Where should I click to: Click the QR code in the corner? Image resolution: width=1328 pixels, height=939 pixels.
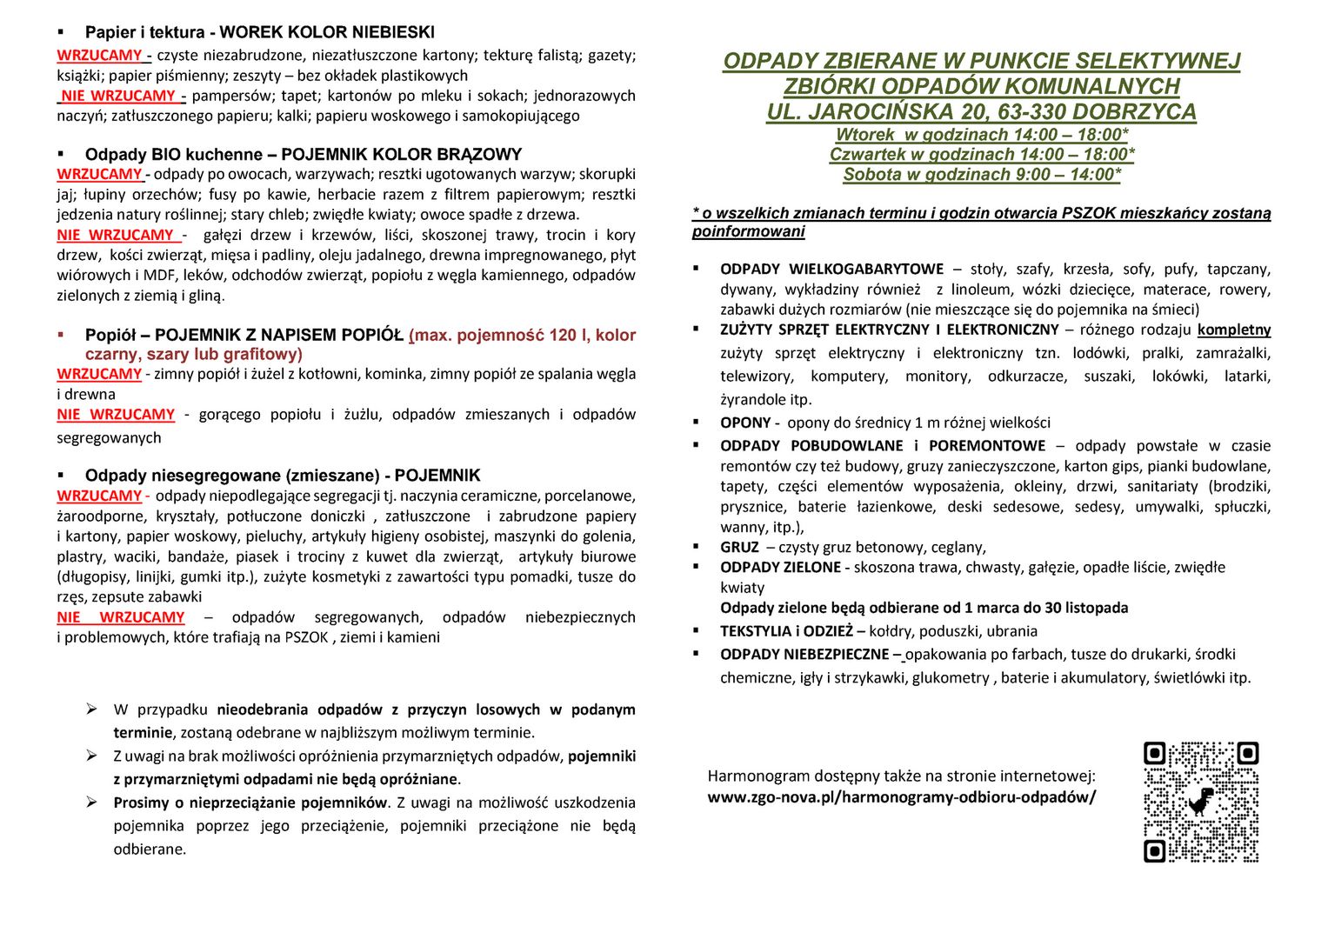(x=1201, y=802)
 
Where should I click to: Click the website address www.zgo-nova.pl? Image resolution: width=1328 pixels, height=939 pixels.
(x=901, y=797)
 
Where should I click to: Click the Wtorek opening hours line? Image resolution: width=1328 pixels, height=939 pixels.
(x=982, y=135)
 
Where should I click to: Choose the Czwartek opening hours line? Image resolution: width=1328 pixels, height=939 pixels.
(x=982, y=155)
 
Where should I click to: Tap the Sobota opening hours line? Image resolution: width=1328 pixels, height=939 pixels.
(x=982, y=175)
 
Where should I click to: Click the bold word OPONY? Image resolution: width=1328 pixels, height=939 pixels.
(x=745, y=423)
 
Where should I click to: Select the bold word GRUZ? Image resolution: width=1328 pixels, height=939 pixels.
(x=739, y=548)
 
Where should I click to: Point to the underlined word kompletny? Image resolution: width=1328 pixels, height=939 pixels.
(x=1233, y=330)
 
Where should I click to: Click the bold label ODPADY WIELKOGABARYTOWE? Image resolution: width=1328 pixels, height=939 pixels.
(x=831, y=270)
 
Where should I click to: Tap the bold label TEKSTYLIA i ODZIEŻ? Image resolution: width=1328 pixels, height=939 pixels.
(x=786, y=632)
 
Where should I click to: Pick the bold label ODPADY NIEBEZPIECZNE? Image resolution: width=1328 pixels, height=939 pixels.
(x=804, y=655)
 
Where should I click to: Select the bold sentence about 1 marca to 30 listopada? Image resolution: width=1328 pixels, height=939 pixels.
(x=924, y=609)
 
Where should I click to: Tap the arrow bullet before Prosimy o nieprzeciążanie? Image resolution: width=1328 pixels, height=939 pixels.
(x=91, y=802)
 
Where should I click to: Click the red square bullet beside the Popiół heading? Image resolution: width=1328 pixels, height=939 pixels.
(x=61, y=335)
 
